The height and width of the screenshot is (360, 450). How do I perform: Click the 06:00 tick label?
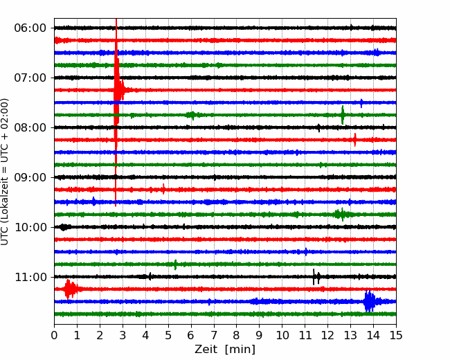tap(30, 28)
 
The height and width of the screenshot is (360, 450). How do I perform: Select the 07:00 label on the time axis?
tap(30, 78)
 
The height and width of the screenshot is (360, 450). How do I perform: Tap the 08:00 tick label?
tap(30, 127)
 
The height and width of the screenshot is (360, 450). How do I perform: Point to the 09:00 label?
tap(30, 177)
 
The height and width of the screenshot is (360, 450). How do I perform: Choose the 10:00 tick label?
tap(30, 227)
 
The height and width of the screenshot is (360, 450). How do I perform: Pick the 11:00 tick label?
tap(30, 277)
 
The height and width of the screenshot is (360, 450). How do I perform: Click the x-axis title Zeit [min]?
tap(225, 350)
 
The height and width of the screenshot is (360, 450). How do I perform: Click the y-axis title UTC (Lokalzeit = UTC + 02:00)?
tap(5, 172)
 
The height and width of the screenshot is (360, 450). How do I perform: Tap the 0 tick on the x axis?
tap(54, 335)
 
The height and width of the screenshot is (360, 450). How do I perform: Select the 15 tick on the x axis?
tap(396, 335)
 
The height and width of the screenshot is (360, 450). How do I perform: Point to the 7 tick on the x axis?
tap(214, 335)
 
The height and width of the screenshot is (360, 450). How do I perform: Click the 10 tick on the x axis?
tap(282, 335)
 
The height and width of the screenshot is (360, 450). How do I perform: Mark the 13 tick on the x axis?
tap(350, 335)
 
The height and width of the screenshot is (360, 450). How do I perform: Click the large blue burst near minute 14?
tap(370, 301)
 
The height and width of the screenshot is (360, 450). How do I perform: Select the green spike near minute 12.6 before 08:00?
tap(343, 115)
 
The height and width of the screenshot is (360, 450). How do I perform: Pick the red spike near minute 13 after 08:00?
tap(355, 140)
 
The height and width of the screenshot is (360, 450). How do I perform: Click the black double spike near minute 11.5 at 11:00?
tap(316, 277)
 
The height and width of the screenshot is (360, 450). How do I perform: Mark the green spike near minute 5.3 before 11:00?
tap(175, 264)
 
